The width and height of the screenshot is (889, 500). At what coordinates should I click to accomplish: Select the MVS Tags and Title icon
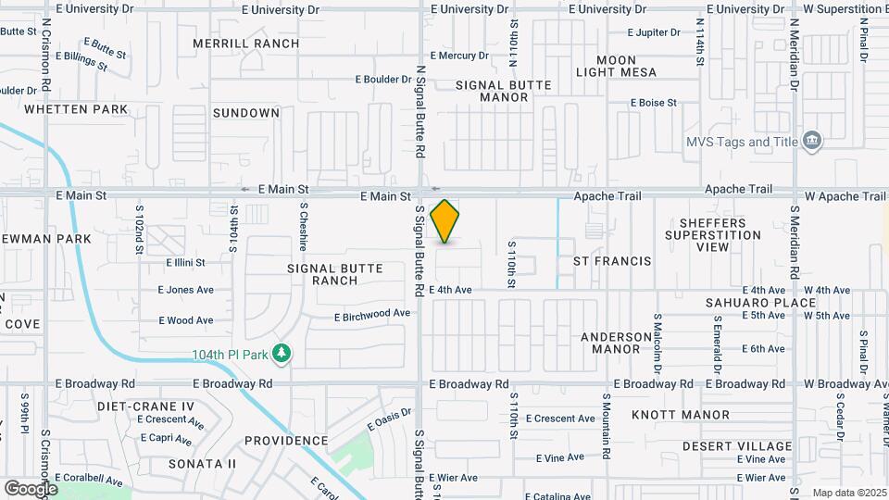(x=812, y=141)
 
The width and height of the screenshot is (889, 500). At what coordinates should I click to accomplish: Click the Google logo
(x=31, y=488)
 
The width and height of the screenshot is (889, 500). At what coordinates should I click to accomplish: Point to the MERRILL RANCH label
(x=246, y=44)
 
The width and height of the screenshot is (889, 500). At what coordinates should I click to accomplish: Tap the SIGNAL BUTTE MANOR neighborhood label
(x=504, y=91)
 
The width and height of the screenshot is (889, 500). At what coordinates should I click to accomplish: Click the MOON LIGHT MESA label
(x=629, y=66)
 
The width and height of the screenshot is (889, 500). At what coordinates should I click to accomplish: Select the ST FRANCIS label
(x=612, y=262)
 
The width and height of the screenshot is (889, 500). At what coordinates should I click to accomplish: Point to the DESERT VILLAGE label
(x=750, y=446)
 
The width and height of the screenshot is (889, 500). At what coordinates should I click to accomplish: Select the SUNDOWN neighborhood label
(x=246, y=113)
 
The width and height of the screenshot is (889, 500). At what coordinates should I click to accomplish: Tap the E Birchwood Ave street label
(x=372, y=314)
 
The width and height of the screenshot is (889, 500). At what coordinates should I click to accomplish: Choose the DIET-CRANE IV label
(x=146, y=406)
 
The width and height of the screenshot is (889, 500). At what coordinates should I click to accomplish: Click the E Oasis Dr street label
(x=388, y=419)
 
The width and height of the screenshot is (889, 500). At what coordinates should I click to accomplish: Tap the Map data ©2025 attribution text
(x=848, y=493)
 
